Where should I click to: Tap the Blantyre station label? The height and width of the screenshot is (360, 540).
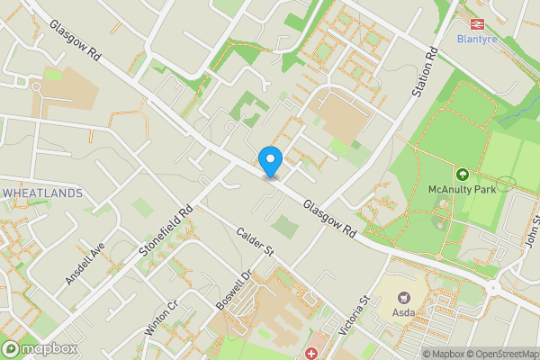coord(477,39)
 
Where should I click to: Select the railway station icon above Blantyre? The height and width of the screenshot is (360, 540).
coord(477,24)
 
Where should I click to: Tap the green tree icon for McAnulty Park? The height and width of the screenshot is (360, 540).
coord(463,174)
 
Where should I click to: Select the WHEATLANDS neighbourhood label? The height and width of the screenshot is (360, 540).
coord(42,193)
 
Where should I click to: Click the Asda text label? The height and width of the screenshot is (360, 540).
coord(404,312)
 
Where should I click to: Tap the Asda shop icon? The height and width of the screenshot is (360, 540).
coord(404,298)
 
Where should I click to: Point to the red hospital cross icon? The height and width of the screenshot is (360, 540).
coord(311,354)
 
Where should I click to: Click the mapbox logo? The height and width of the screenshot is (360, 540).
coord(40,348)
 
